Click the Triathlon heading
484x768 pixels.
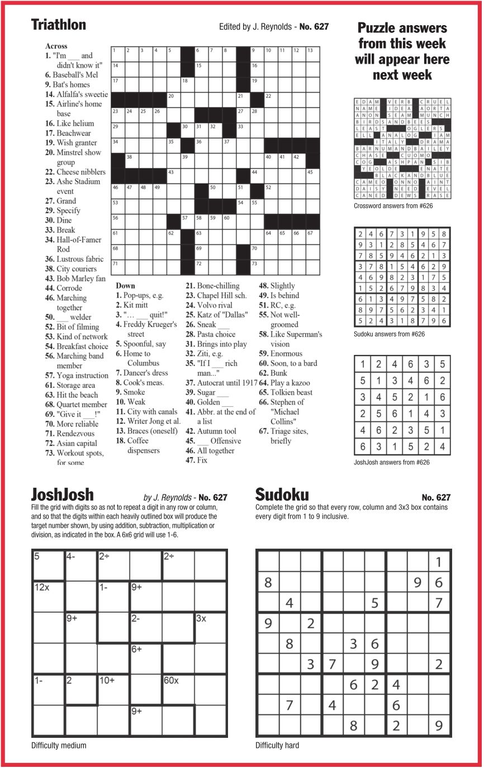59,25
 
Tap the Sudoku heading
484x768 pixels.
282,495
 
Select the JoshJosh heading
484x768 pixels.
63,495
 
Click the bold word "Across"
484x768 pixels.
56,46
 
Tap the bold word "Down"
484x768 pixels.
125,286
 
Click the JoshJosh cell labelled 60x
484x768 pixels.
178,690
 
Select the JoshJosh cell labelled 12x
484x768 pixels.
49,596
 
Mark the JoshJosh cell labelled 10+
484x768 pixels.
113,690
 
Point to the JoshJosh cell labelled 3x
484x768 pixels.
211,627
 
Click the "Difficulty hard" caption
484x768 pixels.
277,745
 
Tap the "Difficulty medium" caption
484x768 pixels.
59,745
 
